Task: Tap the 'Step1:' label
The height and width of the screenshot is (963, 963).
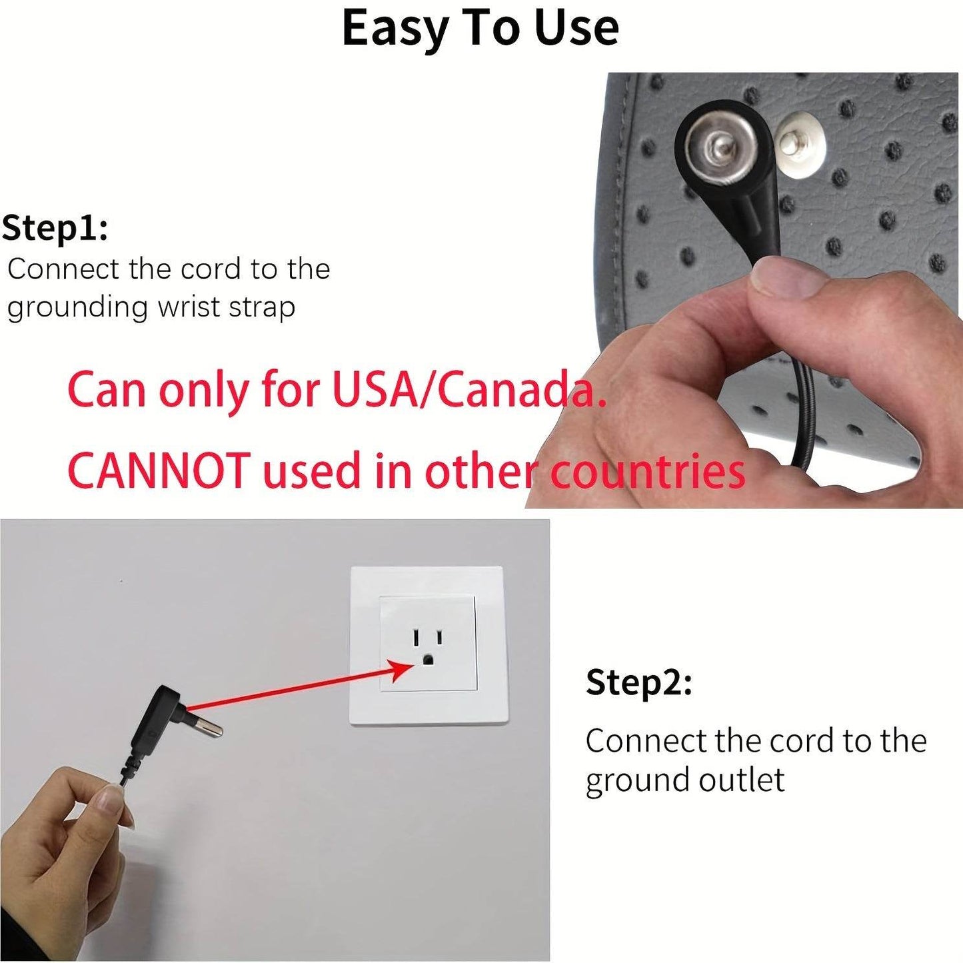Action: point(55,229)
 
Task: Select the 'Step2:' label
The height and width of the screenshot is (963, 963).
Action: point(639,683)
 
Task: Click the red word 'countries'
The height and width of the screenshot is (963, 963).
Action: point(648,471)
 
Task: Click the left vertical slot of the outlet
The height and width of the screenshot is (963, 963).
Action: point(415,637)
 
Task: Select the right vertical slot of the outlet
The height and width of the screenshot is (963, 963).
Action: point(439,637)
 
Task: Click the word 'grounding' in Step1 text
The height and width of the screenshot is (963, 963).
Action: point(77,309)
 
